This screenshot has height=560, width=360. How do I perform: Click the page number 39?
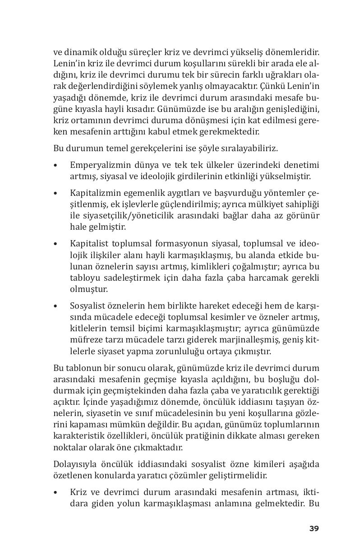tap(314, 528)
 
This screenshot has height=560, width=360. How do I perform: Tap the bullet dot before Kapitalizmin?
tap(55, 193)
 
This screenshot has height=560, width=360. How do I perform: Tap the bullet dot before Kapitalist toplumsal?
tap(55, 243)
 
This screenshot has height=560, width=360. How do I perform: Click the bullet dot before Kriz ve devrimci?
tap(55, 491)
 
